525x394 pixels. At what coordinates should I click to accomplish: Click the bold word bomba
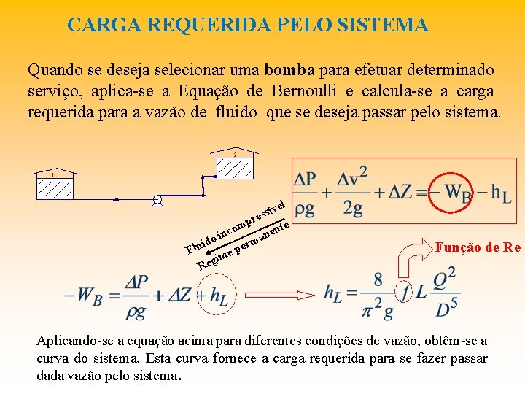(289, 71)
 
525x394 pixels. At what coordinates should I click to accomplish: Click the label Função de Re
(478, 247)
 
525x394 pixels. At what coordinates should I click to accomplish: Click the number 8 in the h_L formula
(378, 279)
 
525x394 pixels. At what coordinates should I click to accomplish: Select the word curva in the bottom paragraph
(52, 358)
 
